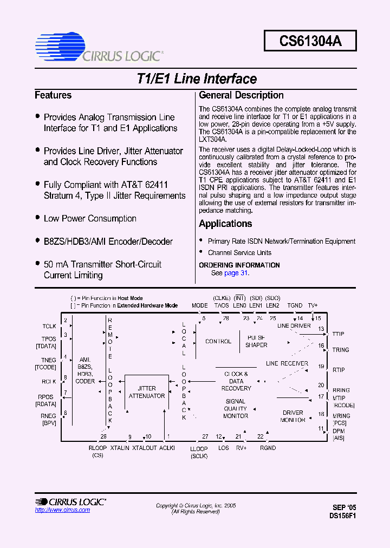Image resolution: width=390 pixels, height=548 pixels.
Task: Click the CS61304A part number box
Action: coord(310,41)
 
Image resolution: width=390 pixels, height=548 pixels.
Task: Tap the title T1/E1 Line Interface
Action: coord(197,79)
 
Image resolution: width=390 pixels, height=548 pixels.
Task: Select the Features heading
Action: coord(53,95)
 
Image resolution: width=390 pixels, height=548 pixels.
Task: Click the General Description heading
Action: coord(241,95)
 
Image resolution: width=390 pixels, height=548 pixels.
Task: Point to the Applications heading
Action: coord(225,224)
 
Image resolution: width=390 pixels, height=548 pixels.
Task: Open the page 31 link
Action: coord(236,273)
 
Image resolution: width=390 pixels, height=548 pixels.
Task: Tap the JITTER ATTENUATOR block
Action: coord(146,392)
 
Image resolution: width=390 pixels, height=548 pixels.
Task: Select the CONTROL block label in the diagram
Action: coord(218,342)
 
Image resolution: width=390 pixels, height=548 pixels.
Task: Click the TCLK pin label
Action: coord(49,326)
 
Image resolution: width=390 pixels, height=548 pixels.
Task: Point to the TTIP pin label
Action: coord(338,334)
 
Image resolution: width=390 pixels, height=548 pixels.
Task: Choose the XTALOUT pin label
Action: coord(145,448)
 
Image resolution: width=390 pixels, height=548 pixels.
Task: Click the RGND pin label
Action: coord(268,448)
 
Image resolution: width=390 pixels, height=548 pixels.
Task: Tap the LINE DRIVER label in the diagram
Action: coord(294,326)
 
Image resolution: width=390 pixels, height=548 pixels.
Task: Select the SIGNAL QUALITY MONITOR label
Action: coord(236,408)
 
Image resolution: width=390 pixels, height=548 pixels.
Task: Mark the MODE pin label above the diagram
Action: coord(200,305)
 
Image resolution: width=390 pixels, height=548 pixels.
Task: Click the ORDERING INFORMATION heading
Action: coord(239,265)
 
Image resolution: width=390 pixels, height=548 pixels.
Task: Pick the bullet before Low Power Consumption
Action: coord(37,218)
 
